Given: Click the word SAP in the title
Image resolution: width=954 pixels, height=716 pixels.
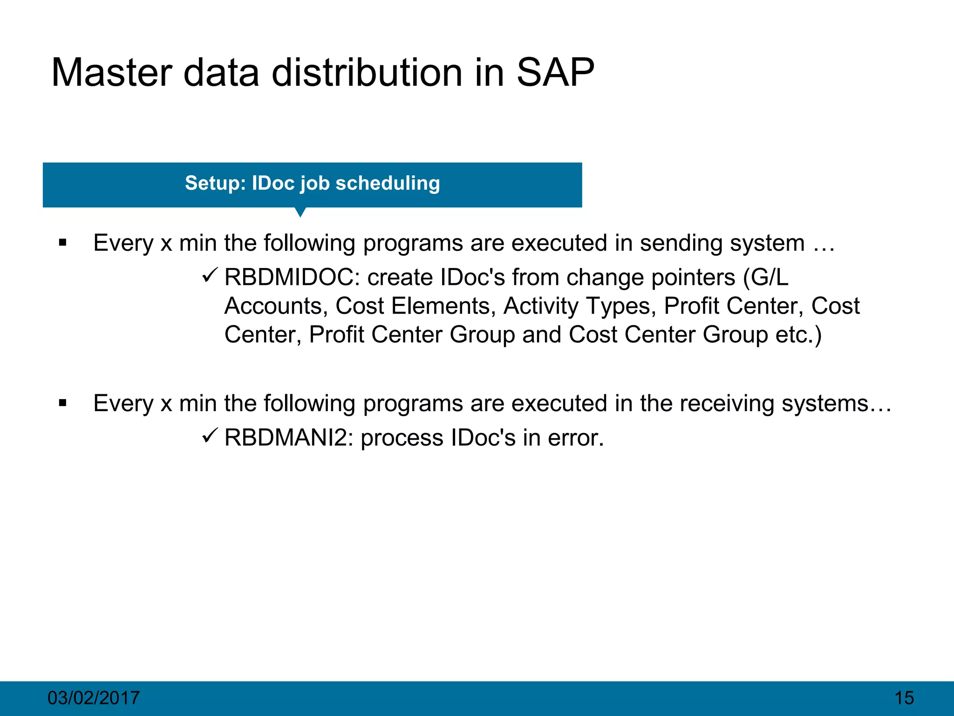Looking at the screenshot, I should point(555,73).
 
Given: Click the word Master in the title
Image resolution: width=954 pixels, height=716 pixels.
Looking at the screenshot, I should point(111,73).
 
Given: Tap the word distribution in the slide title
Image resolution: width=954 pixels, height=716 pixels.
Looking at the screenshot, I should point(388,73).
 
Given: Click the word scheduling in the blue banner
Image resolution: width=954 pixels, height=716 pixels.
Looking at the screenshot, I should point(388,183).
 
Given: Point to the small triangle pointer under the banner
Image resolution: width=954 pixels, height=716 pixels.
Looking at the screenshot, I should point(300,212).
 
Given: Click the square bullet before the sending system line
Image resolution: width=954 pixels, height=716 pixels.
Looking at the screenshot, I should point(63,243).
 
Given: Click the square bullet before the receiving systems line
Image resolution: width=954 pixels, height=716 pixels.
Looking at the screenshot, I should point(63,403).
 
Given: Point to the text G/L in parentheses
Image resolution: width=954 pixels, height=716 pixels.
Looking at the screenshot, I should point(769,278).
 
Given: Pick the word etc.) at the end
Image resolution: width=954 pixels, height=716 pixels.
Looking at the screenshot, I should point(798,335).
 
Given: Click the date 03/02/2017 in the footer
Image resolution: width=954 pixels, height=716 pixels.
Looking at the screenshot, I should point(94,698).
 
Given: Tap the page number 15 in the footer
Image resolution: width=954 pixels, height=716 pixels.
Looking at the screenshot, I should point(904,698).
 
